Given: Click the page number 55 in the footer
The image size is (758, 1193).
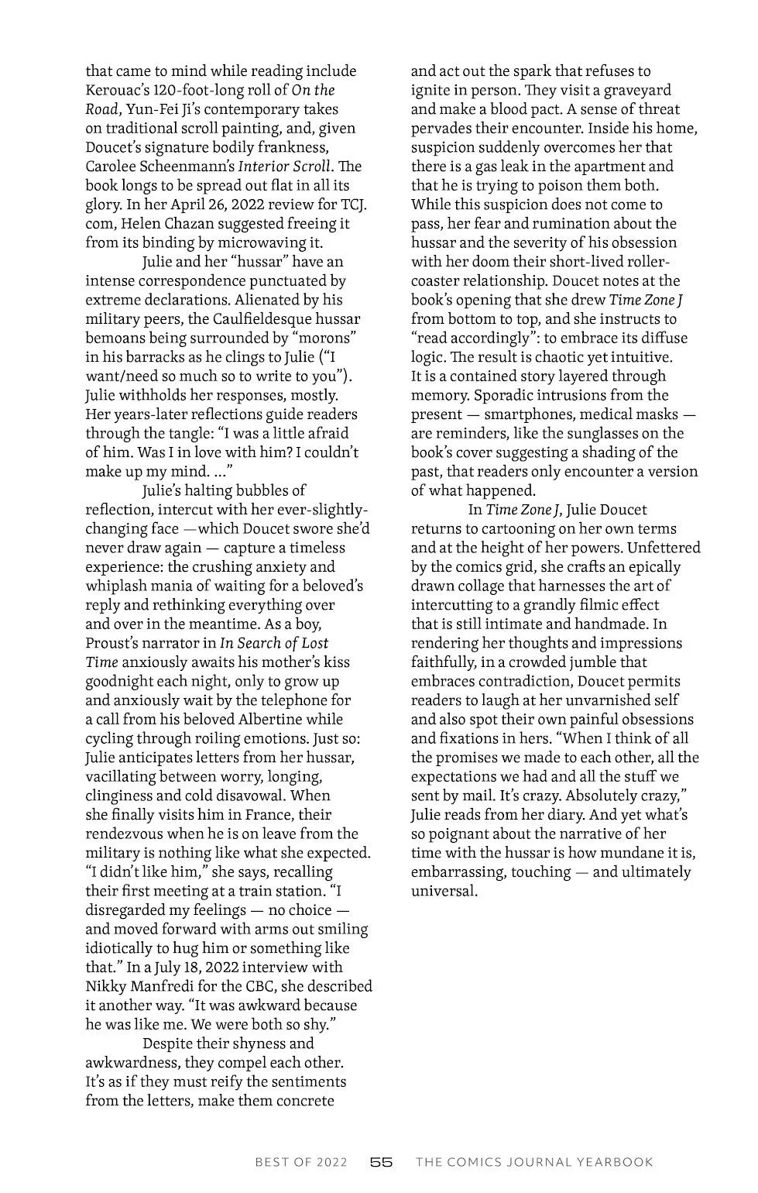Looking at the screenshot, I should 382,1162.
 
